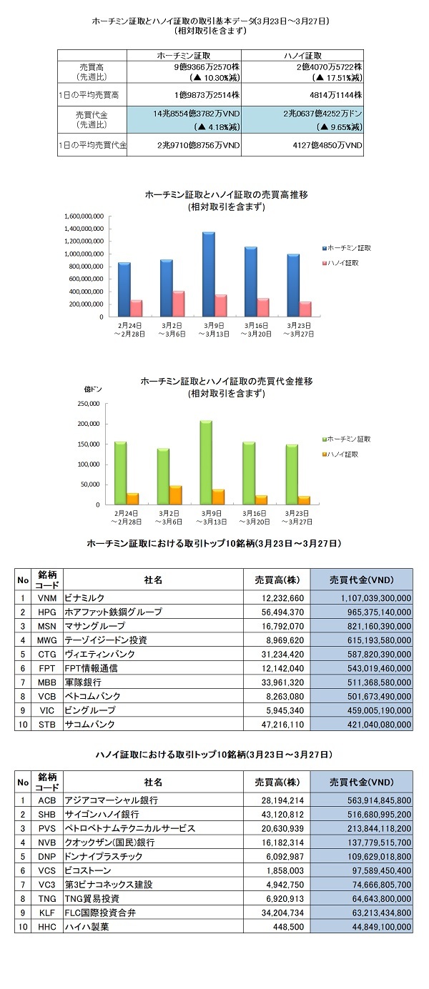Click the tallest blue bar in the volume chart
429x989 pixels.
(x=208, y=274)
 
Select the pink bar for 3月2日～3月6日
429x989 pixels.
(x=178, y=304)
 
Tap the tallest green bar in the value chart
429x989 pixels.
(x=205, y=462)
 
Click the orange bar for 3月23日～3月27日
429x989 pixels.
(x=304, y=500)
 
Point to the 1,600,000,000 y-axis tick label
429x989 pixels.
(x=84, y=216)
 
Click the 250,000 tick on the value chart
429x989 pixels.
(x=89, y=404)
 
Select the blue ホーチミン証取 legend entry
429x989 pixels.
(x=346, y=248)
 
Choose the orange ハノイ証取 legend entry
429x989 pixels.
(x=340, y=454)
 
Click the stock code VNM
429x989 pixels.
(x=46, y=598)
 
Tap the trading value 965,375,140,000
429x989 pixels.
(x=379, y=612)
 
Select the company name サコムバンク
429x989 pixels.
(x=89, y=724)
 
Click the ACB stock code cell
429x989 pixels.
(x=46, y=800)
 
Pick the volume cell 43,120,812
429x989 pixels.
(x=282, y=814)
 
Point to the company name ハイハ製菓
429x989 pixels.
(x=87, y=926)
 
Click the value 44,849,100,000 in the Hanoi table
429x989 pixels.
(x=381, y=927)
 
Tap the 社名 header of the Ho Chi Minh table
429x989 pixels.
(x=153, y=580)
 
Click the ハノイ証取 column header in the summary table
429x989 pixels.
(x=302, y=56)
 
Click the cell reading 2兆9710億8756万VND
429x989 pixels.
(x=198, y=145)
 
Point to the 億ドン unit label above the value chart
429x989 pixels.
(x=93, y=389)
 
